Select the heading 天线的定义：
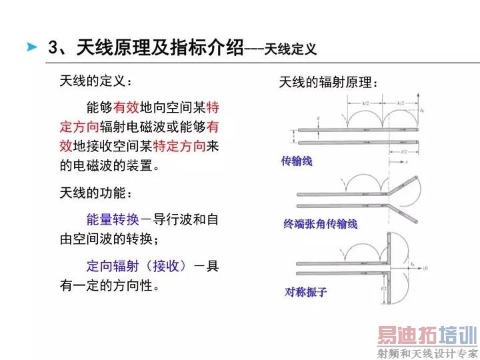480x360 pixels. [x=96, y=82]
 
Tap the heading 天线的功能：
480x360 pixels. [x=96, y=194]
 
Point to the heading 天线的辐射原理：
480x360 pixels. [x=329, y=83]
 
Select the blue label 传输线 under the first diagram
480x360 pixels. [x=297, y=161]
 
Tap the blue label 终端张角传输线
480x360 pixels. [x=320, y=223]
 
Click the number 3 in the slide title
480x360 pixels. [x=53, y=47]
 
